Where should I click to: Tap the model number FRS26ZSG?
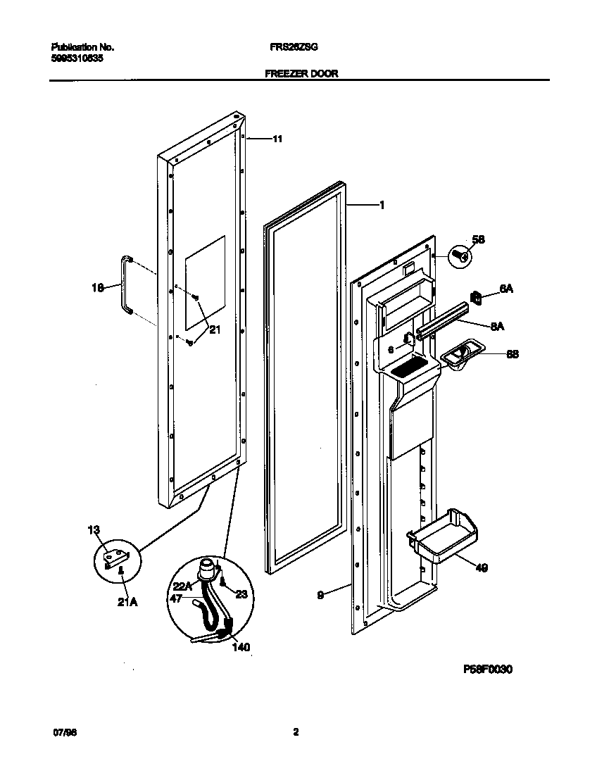click(x=294, y=47)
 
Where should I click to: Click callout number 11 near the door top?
click(x=277, y=139)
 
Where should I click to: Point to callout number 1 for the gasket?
click(x=381, y=206)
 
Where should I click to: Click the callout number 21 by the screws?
click(x=215, y=329)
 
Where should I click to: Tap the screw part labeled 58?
click(x=460, y=255)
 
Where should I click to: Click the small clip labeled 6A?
click(x=476, y=299)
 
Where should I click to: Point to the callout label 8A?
click(x=497, y=325)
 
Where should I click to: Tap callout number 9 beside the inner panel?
click(x=320, y=595)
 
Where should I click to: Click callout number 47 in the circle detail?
click(x=175, y=598)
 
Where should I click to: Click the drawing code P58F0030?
click(x=487, y=669)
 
